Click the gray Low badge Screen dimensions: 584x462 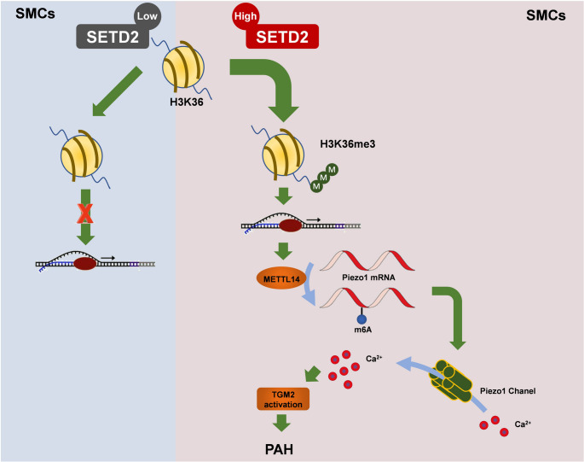coord(147,15)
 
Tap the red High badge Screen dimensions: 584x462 coord(246,16)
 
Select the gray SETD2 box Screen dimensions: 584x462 coord(113,37)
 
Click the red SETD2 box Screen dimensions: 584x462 coord(282,37)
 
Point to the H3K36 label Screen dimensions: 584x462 coord(187,102)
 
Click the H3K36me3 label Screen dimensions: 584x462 coord(348,144)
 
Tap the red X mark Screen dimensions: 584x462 coord(85,213)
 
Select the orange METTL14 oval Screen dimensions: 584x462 coord(282,278)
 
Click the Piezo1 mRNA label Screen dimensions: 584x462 coord(368,278)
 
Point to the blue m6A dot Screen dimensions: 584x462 coord(361,319)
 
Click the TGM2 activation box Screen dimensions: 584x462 coord(283,400)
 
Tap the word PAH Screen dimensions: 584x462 coord(279,449)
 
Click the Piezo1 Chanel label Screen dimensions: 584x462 coord(507,391)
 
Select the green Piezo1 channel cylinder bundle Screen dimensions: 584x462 coord(451,382)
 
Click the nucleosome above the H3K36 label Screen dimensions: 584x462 coord(182,67)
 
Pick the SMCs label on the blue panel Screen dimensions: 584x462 coord(35,14)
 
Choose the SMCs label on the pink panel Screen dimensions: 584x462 coord(546,15)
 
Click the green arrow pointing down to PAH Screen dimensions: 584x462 coord(281,424)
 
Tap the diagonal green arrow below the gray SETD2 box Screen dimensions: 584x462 coord(118,91)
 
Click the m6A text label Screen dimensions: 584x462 coord(363,330)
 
